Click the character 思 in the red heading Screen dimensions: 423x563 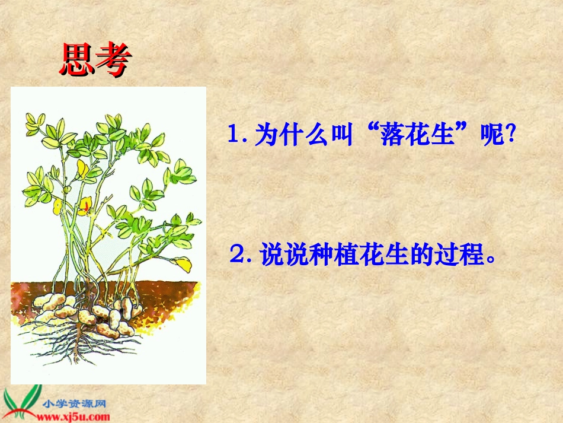coord(77,59)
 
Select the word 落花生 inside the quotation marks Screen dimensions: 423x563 coord(425,135)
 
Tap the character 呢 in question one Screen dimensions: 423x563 coord(485,135)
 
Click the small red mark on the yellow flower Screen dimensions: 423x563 coord(86,206)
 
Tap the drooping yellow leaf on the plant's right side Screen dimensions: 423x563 coord(183,264)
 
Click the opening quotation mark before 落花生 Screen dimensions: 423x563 coord(375,131)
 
